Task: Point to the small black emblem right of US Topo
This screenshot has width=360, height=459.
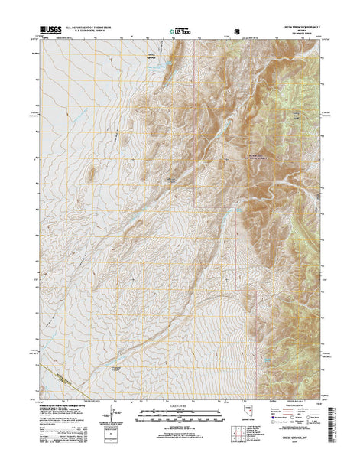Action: pyautogui.click(x=237, y=32)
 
